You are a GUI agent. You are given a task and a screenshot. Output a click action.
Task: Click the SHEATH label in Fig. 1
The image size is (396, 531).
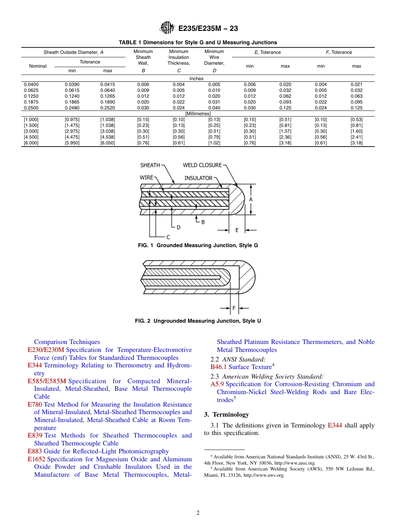150,165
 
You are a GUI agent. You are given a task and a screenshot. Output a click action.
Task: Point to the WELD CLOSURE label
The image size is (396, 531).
202,165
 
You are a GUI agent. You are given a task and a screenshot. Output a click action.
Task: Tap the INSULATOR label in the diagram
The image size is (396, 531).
198,178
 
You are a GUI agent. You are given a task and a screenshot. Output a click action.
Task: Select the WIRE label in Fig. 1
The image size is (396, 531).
146,178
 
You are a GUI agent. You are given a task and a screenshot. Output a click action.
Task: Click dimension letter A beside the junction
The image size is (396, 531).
251,200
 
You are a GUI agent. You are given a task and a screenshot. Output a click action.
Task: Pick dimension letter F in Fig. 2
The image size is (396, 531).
234,308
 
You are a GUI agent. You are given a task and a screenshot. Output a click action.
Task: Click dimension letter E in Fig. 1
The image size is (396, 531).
237,230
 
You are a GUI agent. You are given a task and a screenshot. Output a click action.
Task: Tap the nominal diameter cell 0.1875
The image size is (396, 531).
31,102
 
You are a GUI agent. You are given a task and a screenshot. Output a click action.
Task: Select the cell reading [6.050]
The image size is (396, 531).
108,143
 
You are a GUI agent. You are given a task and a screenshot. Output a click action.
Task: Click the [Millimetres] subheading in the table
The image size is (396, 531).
198,114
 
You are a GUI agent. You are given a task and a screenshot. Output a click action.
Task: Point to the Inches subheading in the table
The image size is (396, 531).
196,78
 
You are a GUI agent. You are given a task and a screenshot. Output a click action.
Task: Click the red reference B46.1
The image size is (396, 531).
218,367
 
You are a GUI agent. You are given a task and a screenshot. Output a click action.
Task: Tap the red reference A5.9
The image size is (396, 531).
217,384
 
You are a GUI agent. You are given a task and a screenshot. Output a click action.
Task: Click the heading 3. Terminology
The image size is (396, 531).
226,415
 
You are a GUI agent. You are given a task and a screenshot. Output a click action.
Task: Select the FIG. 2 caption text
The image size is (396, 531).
198,321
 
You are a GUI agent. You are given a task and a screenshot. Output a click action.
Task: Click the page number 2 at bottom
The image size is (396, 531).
198,513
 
